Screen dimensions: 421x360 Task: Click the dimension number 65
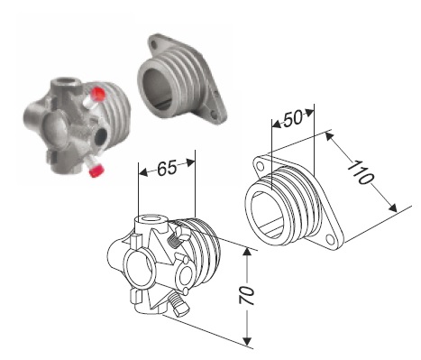[167, 168]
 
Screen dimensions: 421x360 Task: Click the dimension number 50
[293, 118]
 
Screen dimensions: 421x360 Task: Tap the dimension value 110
[361, 172]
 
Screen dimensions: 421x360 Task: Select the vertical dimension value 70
[247, 295]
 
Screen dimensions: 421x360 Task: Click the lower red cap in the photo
[97, 171]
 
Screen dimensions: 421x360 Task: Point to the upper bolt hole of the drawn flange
[261, 166]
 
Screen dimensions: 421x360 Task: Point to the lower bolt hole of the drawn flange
[330, 240]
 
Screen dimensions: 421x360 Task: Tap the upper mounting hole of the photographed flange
[154, 45]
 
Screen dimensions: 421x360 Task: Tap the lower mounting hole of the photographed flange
[214, 115]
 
